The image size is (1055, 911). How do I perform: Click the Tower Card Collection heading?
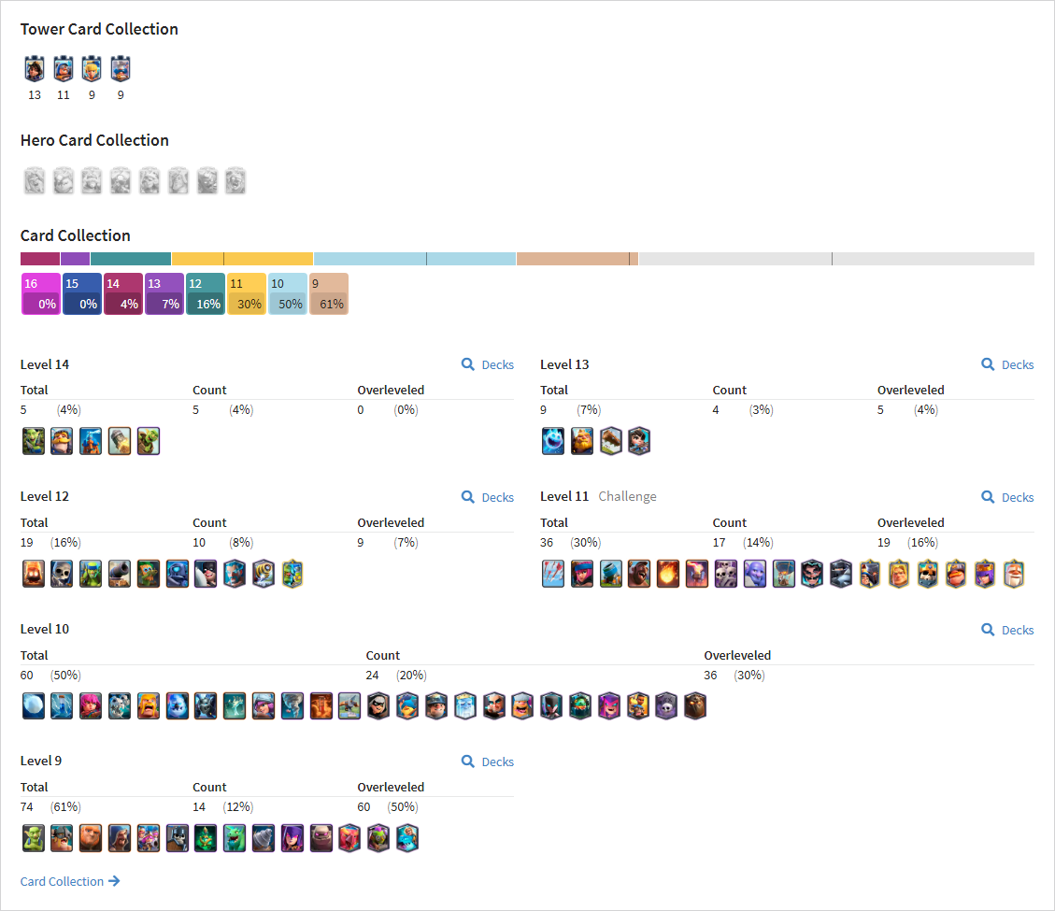point(99,29)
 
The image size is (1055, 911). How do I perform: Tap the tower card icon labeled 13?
point(35,68)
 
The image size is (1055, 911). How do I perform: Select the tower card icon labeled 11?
point(64,68)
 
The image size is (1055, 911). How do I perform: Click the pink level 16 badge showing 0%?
point(41,294)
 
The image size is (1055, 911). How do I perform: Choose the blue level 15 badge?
point(82,294)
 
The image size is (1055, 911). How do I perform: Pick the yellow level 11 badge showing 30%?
point(247,294)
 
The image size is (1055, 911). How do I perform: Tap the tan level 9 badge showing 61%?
point(328,294)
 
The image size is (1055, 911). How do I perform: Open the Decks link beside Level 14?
point(488,364)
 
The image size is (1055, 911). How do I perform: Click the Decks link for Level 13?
point(1007,364)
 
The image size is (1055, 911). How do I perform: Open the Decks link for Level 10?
point(1007,630)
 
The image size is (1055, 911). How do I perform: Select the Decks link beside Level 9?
point(488,762)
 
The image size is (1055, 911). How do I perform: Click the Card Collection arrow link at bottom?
point(70,881)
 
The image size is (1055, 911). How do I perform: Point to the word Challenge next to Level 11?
point(627,496)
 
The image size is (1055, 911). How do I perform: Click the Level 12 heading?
point(45,496)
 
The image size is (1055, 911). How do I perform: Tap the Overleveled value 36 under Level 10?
point(710,675)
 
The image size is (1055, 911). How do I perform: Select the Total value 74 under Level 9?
point(26,806)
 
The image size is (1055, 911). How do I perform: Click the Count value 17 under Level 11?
point(720,542)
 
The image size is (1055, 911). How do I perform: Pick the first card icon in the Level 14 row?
point(33,441)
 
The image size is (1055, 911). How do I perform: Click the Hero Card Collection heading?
point(94,140)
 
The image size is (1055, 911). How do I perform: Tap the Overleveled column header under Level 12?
point(391,523)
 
